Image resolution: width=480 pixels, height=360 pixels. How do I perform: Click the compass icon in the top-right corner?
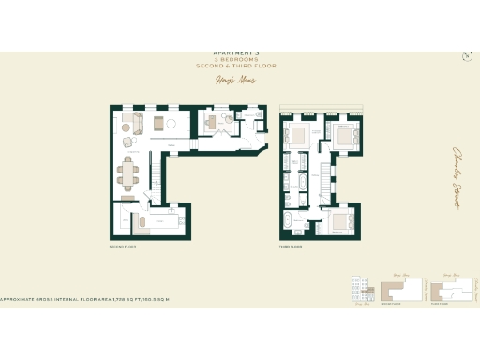[466, 55]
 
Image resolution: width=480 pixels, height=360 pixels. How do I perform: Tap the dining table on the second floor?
[127, 171]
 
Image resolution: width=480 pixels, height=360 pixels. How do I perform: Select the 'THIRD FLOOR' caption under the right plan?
[289, 247]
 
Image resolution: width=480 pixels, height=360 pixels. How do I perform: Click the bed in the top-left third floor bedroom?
[299, 135]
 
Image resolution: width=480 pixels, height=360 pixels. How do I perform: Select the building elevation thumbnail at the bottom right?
[360, 290]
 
